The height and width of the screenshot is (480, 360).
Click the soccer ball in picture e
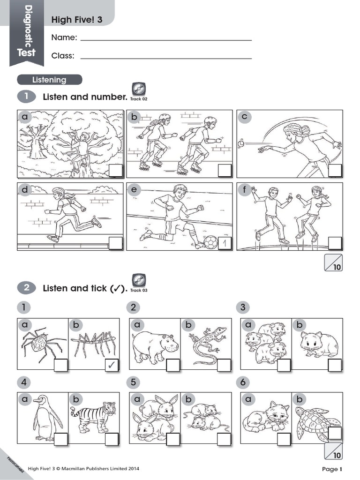point(211,243)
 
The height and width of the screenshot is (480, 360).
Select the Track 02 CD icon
point(139,89)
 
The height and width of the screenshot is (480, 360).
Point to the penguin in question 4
point(45,417)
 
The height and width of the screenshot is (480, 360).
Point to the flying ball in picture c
point(241,144)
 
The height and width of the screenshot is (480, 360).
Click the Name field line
point(166,40)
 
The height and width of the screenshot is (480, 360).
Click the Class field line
point(166,58)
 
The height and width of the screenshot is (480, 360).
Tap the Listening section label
point(49,80)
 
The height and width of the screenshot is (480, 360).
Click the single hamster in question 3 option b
point(319,345)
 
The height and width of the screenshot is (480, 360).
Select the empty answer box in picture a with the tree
point(115,171)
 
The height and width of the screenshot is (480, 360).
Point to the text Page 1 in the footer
point(332,469)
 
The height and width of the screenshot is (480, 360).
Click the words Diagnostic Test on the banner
point(27,30)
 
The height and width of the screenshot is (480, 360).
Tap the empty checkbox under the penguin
point(61,439)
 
